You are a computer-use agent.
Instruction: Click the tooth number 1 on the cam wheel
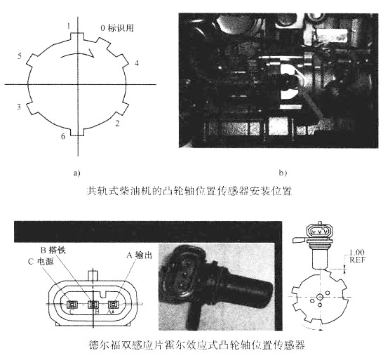[x=69, y=26]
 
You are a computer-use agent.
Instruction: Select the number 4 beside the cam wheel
[x=136, y=63]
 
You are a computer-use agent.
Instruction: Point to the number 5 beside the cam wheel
[x=20, y=55]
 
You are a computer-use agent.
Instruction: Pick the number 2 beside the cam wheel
[x=117, y=122]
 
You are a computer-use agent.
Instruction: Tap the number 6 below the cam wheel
[x=64, y=137]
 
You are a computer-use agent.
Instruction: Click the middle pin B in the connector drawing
[x=92, y=305]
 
